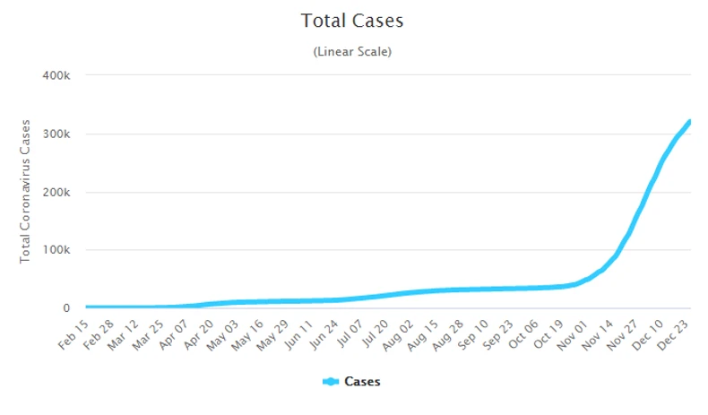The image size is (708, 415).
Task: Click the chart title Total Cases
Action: pos(352,20)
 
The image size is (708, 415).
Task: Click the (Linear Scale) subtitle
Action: pos(352,52)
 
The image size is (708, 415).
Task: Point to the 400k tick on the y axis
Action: pos(56,75)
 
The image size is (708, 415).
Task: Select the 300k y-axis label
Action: pos(56,134)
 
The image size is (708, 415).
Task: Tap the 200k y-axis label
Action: pos(56,192)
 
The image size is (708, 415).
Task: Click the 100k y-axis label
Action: pos(56,250)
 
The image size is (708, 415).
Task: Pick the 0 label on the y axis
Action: pos(65,308)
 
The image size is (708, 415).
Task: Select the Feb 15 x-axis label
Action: pos(76,334)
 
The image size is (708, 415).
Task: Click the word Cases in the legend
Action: pos(362,382)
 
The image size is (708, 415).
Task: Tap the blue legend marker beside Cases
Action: pos(331,382)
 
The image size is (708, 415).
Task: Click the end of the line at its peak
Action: pos(689,121)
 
